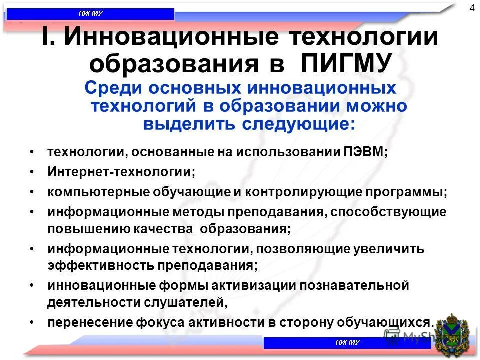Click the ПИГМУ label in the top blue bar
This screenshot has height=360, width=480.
pos(90,14)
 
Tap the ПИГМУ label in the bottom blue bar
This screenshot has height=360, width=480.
pos(347,343)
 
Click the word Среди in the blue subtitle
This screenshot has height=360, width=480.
pos(110,88)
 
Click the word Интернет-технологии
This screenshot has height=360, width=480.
pos(121,172)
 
